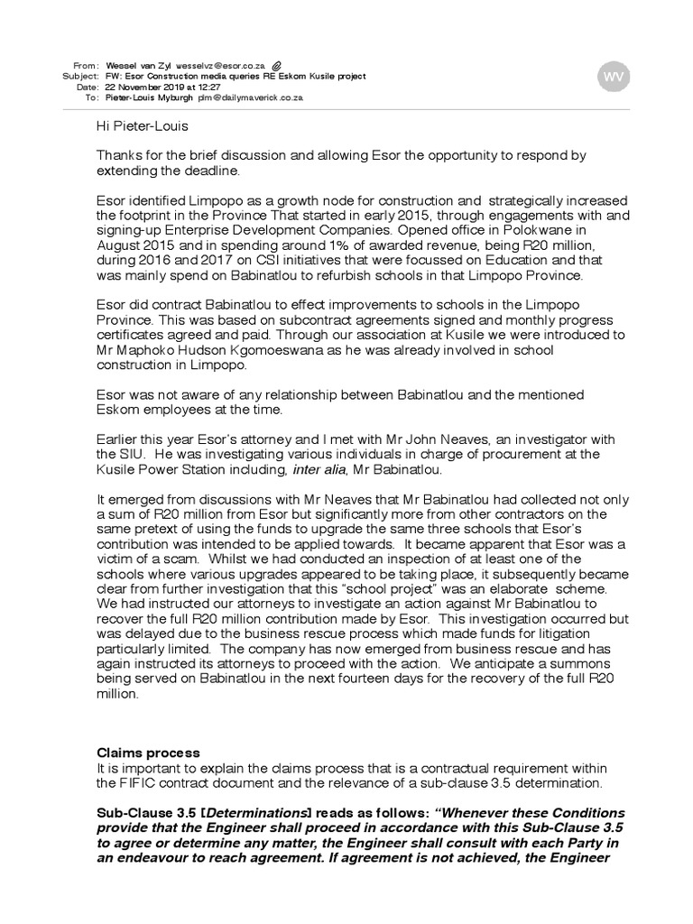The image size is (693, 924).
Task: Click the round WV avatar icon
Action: (614, 78)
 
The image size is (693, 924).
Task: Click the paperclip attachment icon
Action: (277, 65)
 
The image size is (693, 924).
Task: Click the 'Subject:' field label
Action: (80, 77)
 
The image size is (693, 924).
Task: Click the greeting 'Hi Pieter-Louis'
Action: (143, 125)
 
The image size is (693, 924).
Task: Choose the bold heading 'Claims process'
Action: (148, 752)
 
